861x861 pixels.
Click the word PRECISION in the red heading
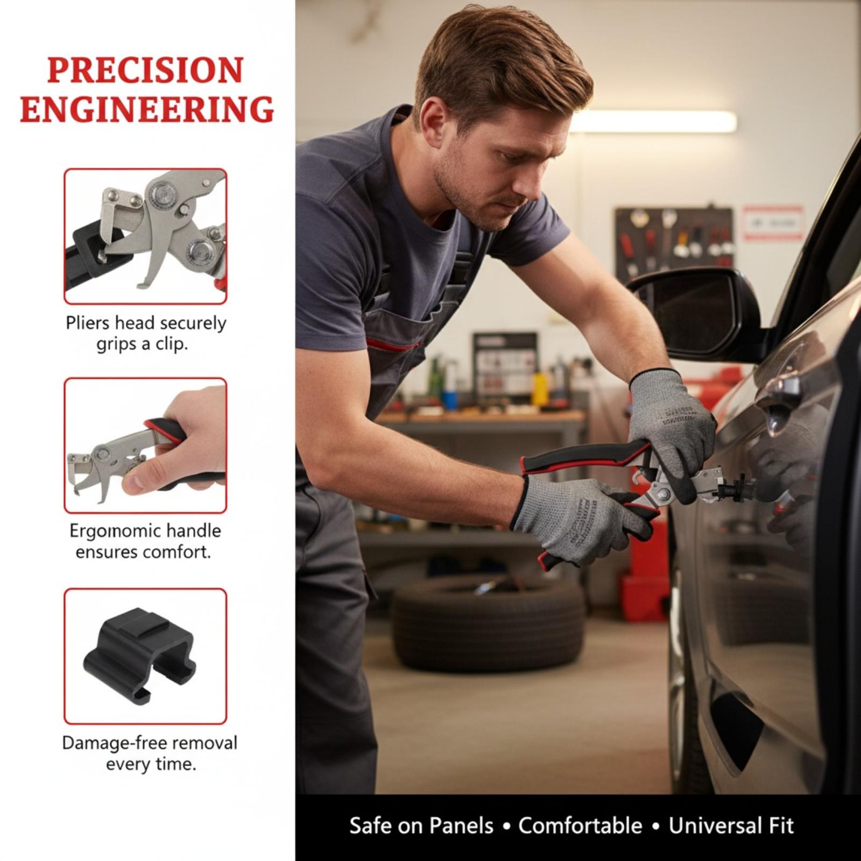[x=145, y=70]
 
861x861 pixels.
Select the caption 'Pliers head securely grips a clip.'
[x=145, y=333]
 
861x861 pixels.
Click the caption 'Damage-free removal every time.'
[x=150, y=753]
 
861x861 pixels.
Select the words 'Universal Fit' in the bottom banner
[x=731, y=826]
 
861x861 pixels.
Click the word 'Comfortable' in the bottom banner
[x=580, y=826]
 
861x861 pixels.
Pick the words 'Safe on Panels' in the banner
[x=421, y=826]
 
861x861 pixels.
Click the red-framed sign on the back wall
[x=773, y=222]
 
